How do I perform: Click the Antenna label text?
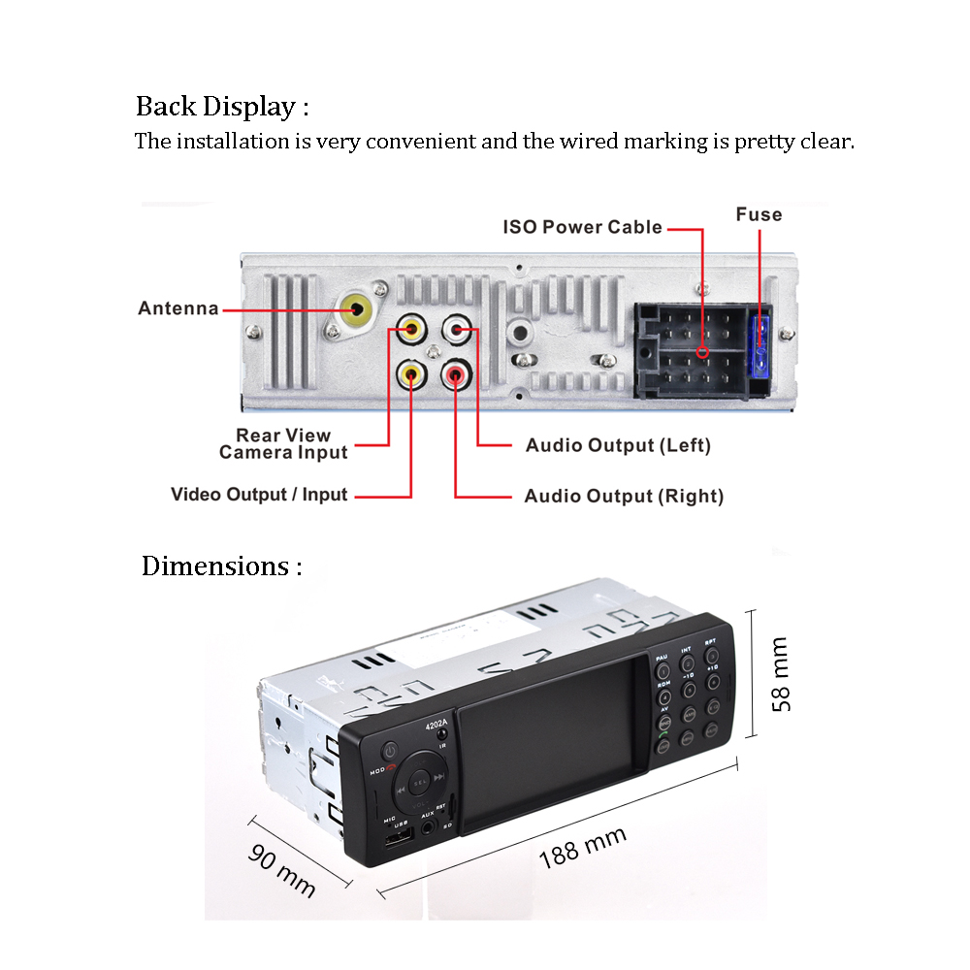178,308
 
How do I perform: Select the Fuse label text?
759,214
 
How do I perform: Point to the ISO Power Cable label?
583,227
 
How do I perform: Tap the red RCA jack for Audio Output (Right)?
456,372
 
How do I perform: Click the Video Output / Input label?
259,495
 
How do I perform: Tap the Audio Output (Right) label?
624,497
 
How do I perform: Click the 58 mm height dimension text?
782,674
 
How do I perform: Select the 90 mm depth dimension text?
282,869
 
